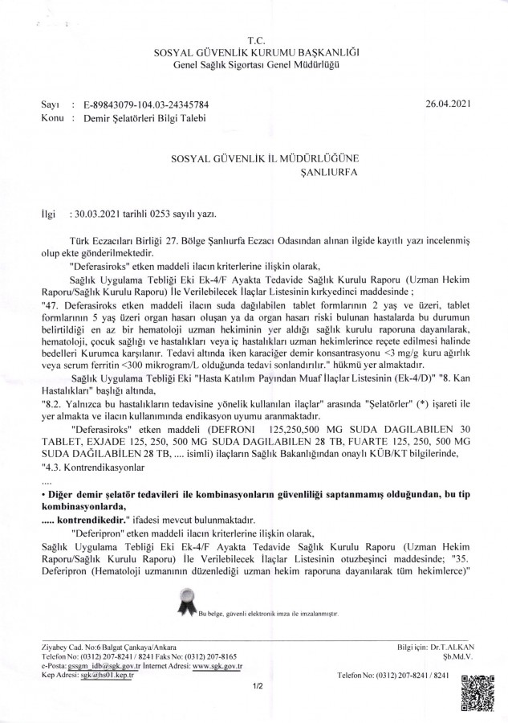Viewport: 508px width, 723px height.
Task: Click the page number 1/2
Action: pos(258,687)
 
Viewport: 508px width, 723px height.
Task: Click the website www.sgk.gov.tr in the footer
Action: pos(217,666)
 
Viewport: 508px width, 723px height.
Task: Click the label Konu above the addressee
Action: pos(52,118)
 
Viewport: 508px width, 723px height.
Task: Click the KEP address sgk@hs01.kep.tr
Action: pos(108,676)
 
